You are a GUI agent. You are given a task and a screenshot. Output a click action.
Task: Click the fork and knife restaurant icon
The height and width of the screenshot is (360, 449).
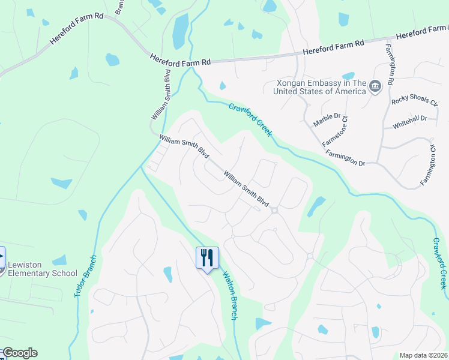pyautogui.click(x=207, y=258)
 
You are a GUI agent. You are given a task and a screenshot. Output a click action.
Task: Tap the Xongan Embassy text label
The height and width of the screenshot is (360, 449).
pyautogui.click(x=319, y=87)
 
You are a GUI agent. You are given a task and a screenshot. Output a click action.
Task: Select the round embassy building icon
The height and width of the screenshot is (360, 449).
pyautogui.click(x=375, y=87)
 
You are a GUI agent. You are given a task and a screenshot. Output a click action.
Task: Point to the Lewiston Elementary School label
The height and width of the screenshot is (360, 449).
pyautogui.click(x=42, y=269)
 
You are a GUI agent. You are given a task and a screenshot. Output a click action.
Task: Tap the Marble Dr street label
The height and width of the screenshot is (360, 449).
pyautogui.click(x=327, y=120)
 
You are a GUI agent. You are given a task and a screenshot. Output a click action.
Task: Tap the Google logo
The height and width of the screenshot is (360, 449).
pyautogui.click(x=19, y=353)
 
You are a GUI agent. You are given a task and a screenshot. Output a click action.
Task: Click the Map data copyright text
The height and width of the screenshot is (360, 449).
pyautogui.click(x=424, y=355)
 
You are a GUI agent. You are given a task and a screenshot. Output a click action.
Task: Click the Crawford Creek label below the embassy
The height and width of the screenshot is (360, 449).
pyautogui.click(x=251, y=119)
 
